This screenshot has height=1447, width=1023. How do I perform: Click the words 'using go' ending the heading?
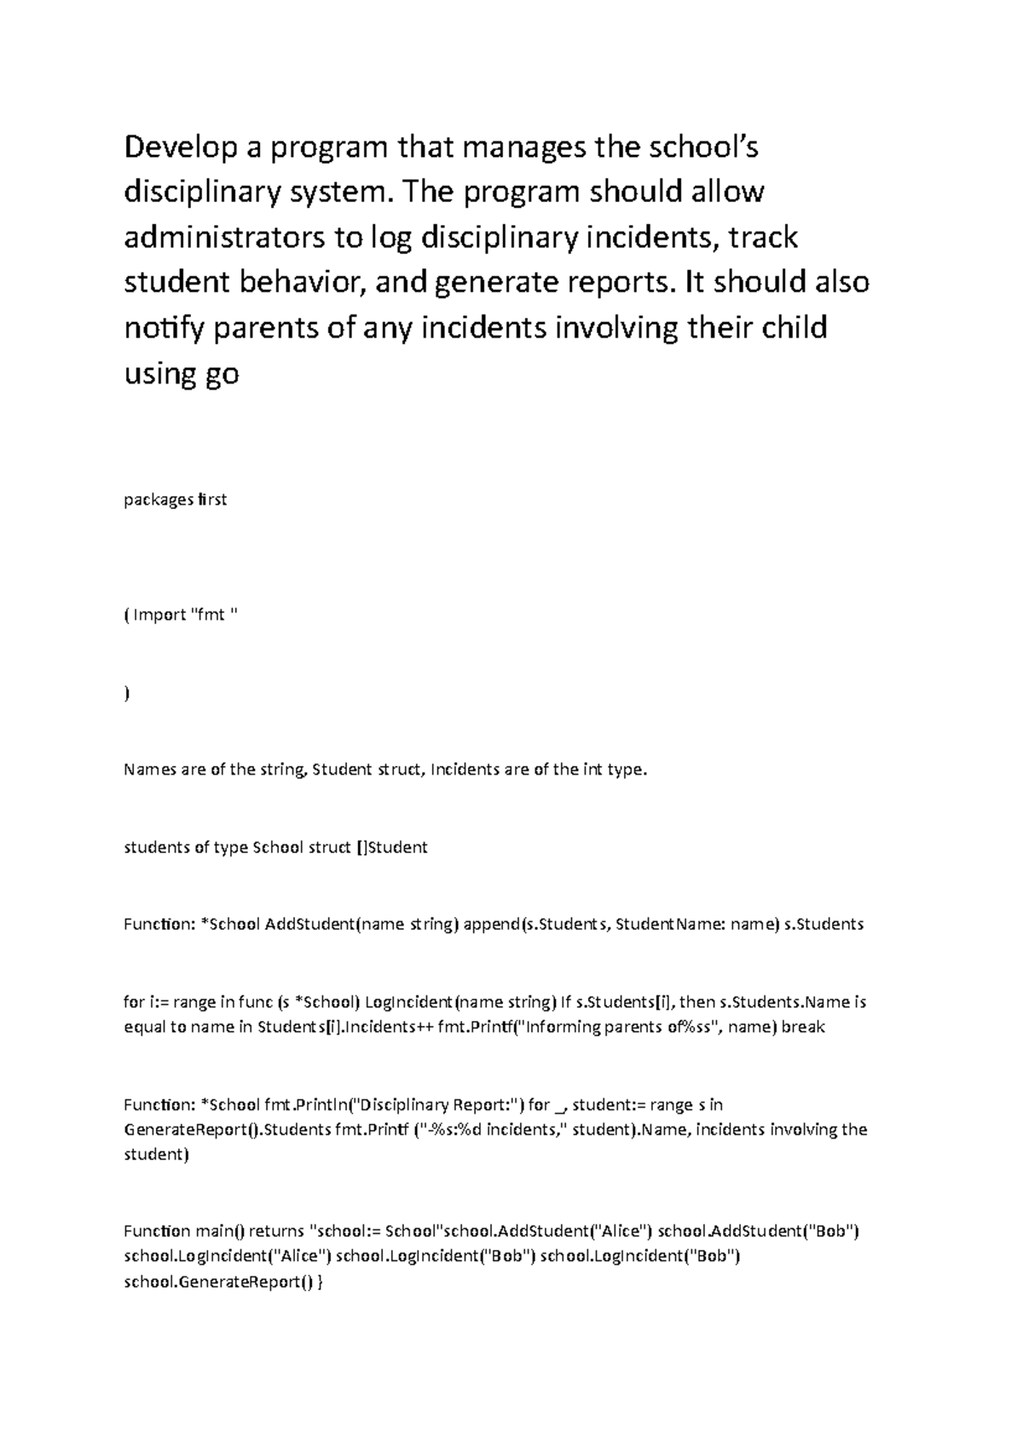coord(182,373)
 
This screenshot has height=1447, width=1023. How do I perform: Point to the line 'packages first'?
coord(176,499)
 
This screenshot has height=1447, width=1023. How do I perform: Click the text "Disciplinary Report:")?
coord(437,1105)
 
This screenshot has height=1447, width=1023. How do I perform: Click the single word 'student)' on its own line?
coord(153,1155)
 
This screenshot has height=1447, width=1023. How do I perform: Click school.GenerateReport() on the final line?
coord(219,1281)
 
